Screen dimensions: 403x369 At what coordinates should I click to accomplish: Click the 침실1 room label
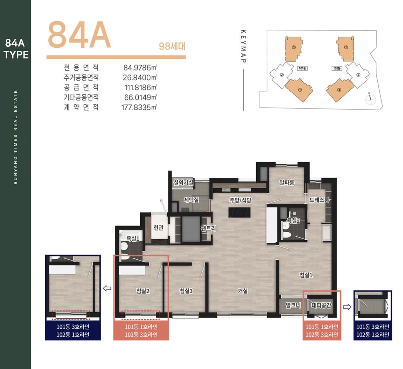click(x=306, y=275)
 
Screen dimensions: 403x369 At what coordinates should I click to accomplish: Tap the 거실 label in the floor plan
click(x=243, y=291)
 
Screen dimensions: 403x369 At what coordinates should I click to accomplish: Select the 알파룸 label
click(x=287, y=182)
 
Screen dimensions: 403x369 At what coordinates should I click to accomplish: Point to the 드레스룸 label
click(x=319, y=200)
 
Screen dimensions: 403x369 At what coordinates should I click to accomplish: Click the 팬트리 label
click(x=209, y=228)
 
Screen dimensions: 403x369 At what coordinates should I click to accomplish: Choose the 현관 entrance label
click(x=159, y=228)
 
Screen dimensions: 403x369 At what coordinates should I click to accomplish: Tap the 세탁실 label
click(x=191, y=200)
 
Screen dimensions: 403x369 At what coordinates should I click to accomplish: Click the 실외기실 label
click(x=183, y=182)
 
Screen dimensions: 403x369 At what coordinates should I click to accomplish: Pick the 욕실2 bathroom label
click(x=293, y=220)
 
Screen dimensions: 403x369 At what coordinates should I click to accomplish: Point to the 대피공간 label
click(x=321, y=305)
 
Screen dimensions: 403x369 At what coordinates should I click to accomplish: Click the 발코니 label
click(x=293, y=305)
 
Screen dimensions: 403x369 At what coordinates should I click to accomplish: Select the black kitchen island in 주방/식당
click(x=239, y=212)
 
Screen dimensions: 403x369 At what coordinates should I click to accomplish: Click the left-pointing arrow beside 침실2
click(x=107, y=288)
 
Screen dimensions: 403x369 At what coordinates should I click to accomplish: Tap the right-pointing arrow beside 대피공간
click(x=347, y=307)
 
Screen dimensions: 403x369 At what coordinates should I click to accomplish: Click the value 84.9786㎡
click(x=140, y=68)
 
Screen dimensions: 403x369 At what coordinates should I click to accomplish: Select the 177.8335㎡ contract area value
click(x=139, y=108)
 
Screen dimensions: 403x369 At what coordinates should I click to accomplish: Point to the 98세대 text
click(x=172, y=46)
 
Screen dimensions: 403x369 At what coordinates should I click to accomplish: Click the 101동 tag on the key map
click(x=302, y=68)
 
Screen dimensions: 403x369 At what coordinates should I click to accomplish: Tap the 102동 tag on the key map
click(x=337, y=68)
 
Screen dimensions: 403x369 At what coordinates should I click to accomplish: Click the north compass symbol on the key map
click(x=370, y=99)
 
